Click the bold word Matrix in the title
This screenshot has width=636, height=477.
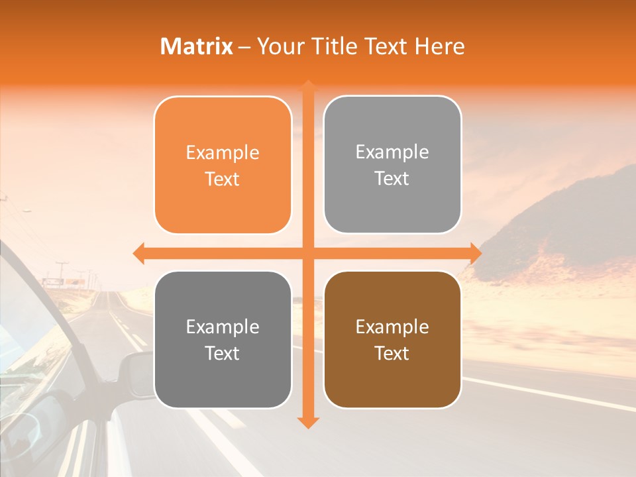point(197,46)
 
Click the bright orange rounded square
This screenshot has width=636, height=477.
point(223,166)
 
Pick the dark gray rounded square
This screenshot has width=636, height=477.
point(223,340)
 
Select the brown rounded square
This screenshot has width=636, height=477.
point(392,340)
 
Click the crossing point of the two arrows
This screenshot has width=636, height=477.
point(307,253)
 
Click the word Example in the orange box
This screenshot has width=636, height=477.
point(223,153)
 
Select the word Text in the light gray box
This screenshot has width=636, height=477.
point(392,179)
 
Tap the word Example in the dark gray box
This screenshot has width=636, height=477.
point(223,327)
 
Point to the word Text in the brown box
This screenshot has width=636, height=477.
point(392,354)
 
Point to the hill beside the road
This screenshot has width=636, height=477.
point(563,219)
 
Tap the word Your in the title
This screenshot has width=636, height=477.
point(278,46)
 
